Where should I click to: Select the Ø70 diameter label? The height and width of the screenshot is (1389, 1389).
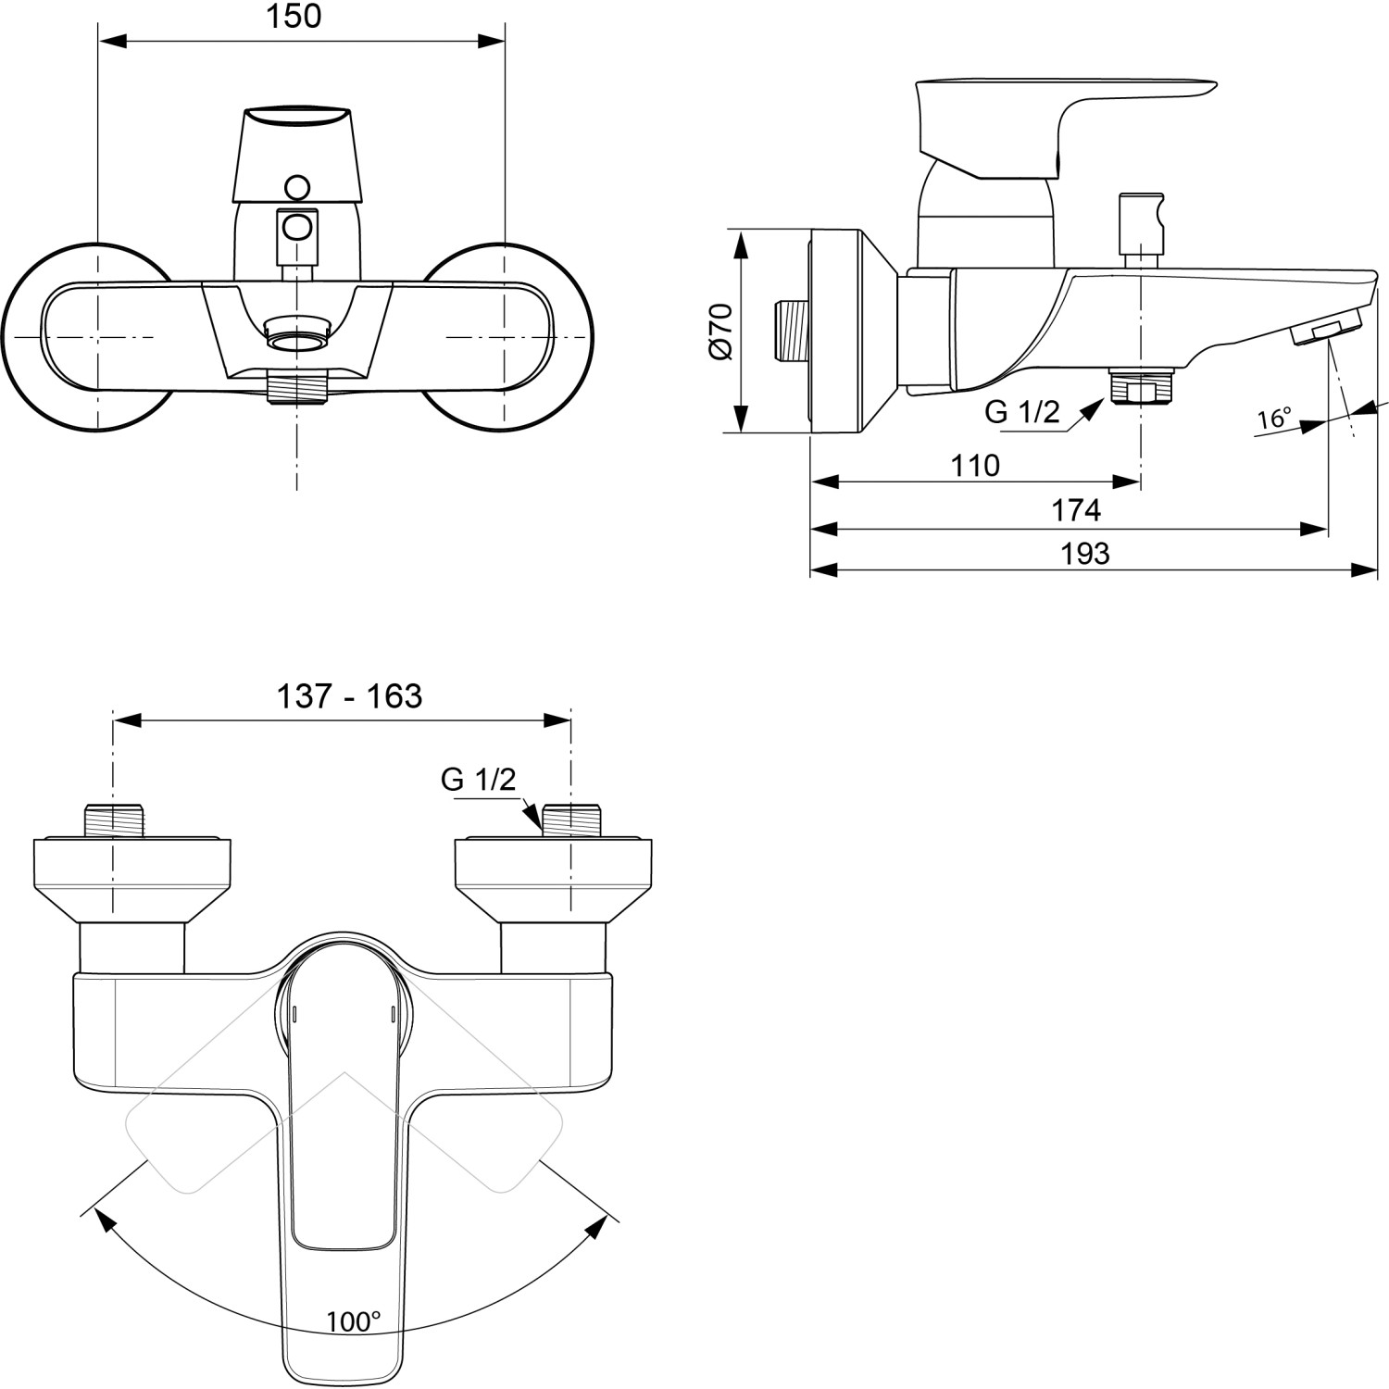tap(721, 331)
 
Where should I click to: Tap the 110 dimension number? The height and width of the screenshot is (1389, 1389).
tap(975, 465)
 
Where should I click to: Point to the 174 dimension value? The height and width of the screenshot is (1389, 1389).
tap(1075, 510)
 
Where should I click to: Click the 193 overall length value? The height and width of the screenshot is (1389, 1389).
tap(1084, 554)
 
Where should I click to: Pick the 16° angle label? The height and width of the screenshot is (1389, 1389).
tap(1274, 419)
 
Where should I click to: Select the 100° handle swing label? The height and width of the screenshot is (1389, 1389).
tap(353, 1321)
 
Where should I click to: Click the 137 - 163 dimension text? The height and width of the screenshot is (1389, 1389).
tap(349, 695)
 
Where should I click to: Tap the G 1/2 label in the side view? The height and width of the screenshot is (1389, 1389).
tap(1021, 411)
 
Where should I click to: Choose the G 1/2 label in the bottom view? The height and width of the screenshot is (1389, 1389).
tap(478, 780)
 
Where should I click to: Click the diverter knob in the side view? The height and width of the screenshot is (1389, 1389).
tap(1140, 223)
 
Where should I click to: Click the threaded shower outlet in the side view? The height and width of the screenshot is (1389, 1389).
tap(1141, 385)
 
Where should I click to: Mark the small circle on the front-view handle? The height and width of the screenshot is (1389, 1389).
tap(297, 188)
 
